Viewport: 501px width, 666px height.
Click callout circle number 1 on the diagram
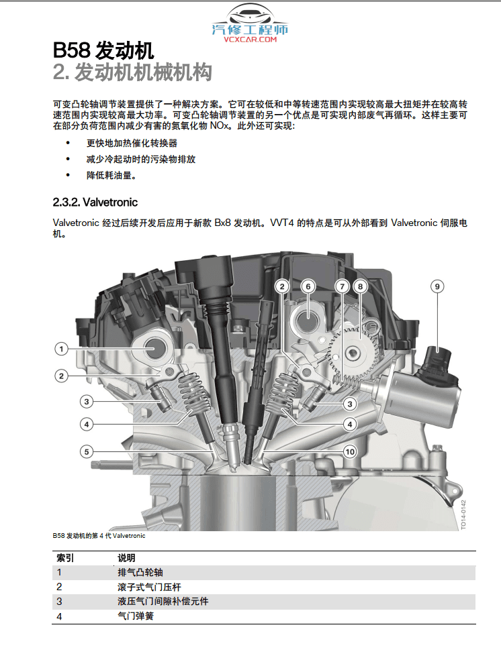click(61, 348)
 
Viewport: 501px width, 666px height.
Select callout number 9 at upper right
click(437, 286)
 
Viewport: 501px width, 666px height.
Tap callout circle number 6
click(308, 286)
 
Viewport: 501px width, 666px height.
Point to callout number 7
click(342, 286)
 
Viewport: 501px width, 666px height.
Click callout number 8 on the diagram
click(360, 286)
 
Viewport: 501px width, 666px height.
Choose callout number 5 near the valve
click(87, 451)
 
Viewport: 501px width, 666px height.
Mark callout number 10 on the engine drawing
click(349, 451)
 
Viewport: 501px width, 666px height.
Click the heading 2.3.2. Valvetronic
click(95, 202)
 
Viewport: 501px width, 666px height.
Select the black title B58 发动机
click(103, 50)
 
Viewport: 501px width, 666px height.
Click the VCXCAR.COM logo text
click(250, 40)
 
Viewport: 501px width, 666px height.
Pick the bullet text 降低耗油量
click(111, 176)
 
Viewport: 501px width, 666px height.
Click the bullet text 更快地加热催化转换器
click(132, 143)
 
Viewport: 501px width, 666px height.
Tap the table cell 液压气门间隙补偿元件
click(163, 601)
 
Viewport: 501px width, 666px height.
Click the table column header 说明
click(126, 557)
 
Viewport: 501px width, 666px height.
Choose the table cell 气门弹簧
click(136, 616)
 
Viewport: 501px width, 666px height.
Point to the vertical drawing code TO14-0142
click(463, 514)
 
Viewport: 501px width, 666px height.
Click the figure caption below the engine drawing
click(99, 536)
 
